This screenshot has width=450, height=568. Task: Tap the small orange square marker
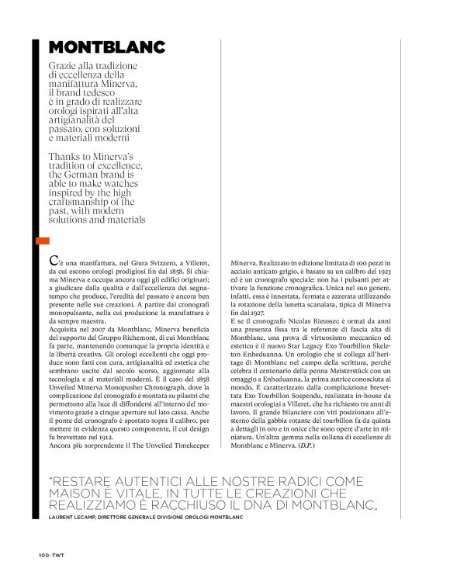[42, 241]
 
